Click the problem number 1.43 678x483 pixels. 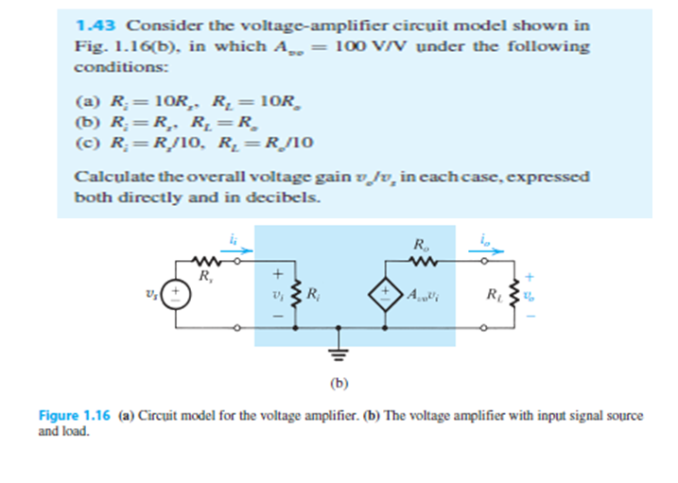click(x=96, y=26)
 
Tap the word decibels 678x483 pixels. click(x=289, y=198)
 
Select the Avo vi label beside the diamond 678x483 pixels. click(x=425, y=295)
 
